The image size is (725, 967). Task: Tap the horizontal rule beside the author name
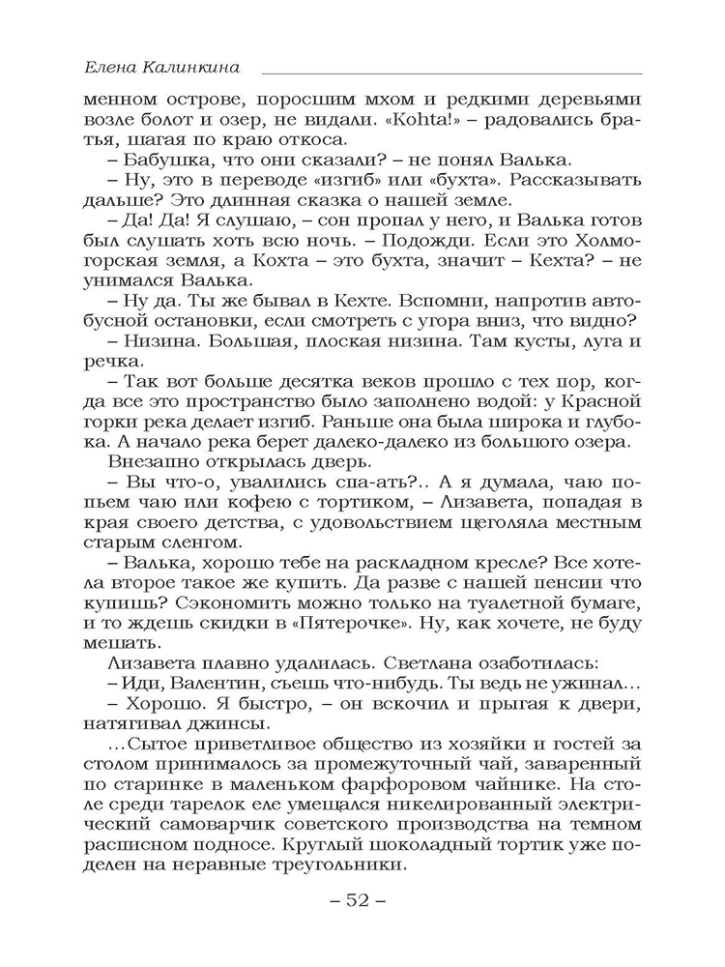[x=450, y=73]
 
